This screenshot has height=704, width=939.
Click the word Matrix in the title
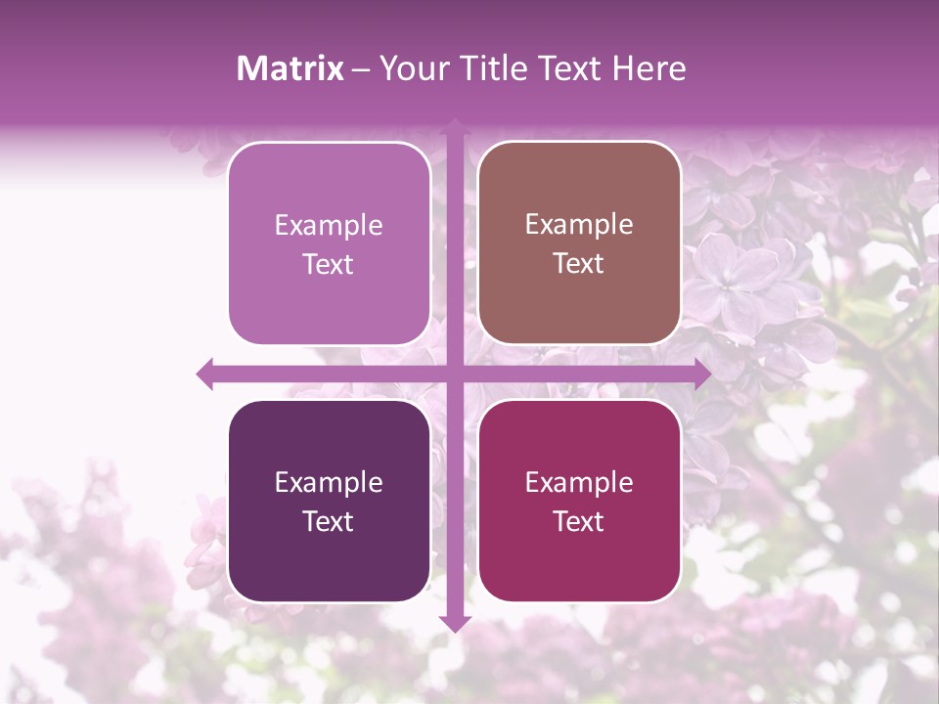tap(291, 68)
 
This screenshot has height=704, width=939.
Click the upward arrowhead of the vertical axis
tap(455, 125)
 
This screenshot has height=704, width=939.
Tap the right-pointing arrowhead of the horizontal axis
tap(702, 374)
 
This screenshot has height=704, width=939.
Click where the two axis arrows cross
tap(455, 374)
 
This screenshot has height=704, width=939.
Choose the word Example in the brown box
tap(579, 225)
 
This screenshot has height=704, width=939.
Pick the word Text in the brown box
tap(579, 264)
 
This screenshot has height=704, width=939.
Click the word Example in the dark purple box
tap(329, 483)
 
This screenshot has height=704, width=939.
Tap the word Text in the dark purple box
tap(329, 522)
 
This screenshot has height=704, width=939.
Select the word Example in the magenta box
tap(579, 483)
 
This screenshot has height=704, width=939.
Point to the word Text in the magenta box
tap(579, 522)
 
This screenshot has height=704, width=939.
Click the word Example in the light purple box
tap(329, 226)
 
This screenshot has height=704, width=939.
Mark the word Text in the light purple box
tap(329, 265)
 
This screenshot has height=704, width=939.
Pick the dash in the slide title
tap(361, 69)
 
